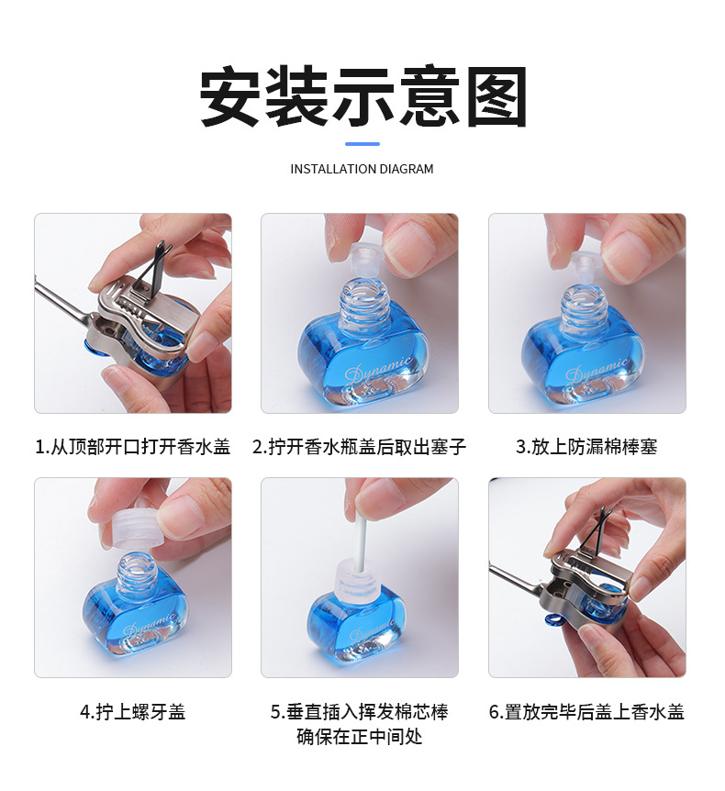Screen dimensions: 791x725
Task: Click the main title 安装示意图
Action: (x=362, y=97)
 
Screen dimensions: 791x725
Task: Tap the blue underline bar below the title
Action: (x=362, y=143)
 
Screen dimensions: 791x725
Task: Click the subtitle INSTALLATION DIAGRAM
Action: (x=362, y=169)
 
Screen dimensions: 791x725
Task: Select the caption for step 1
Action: (x=133, y=447)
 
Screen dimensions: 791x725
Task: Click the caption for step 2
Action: (x=360, y=447)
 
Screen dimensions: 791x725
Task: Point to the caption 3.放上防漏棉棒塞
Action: (x=586, y=447)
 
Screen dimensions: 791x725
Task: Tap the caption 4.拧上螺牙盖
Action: (x=133, y=712)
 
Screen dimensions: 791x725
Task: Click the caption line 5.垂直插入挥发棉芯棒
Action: (x=360, y=712)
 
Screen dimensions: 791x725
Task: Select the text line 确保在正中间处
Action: (x=360, y=737)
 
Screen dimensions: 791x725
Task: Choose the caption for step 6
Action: (x=586, y=712)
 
